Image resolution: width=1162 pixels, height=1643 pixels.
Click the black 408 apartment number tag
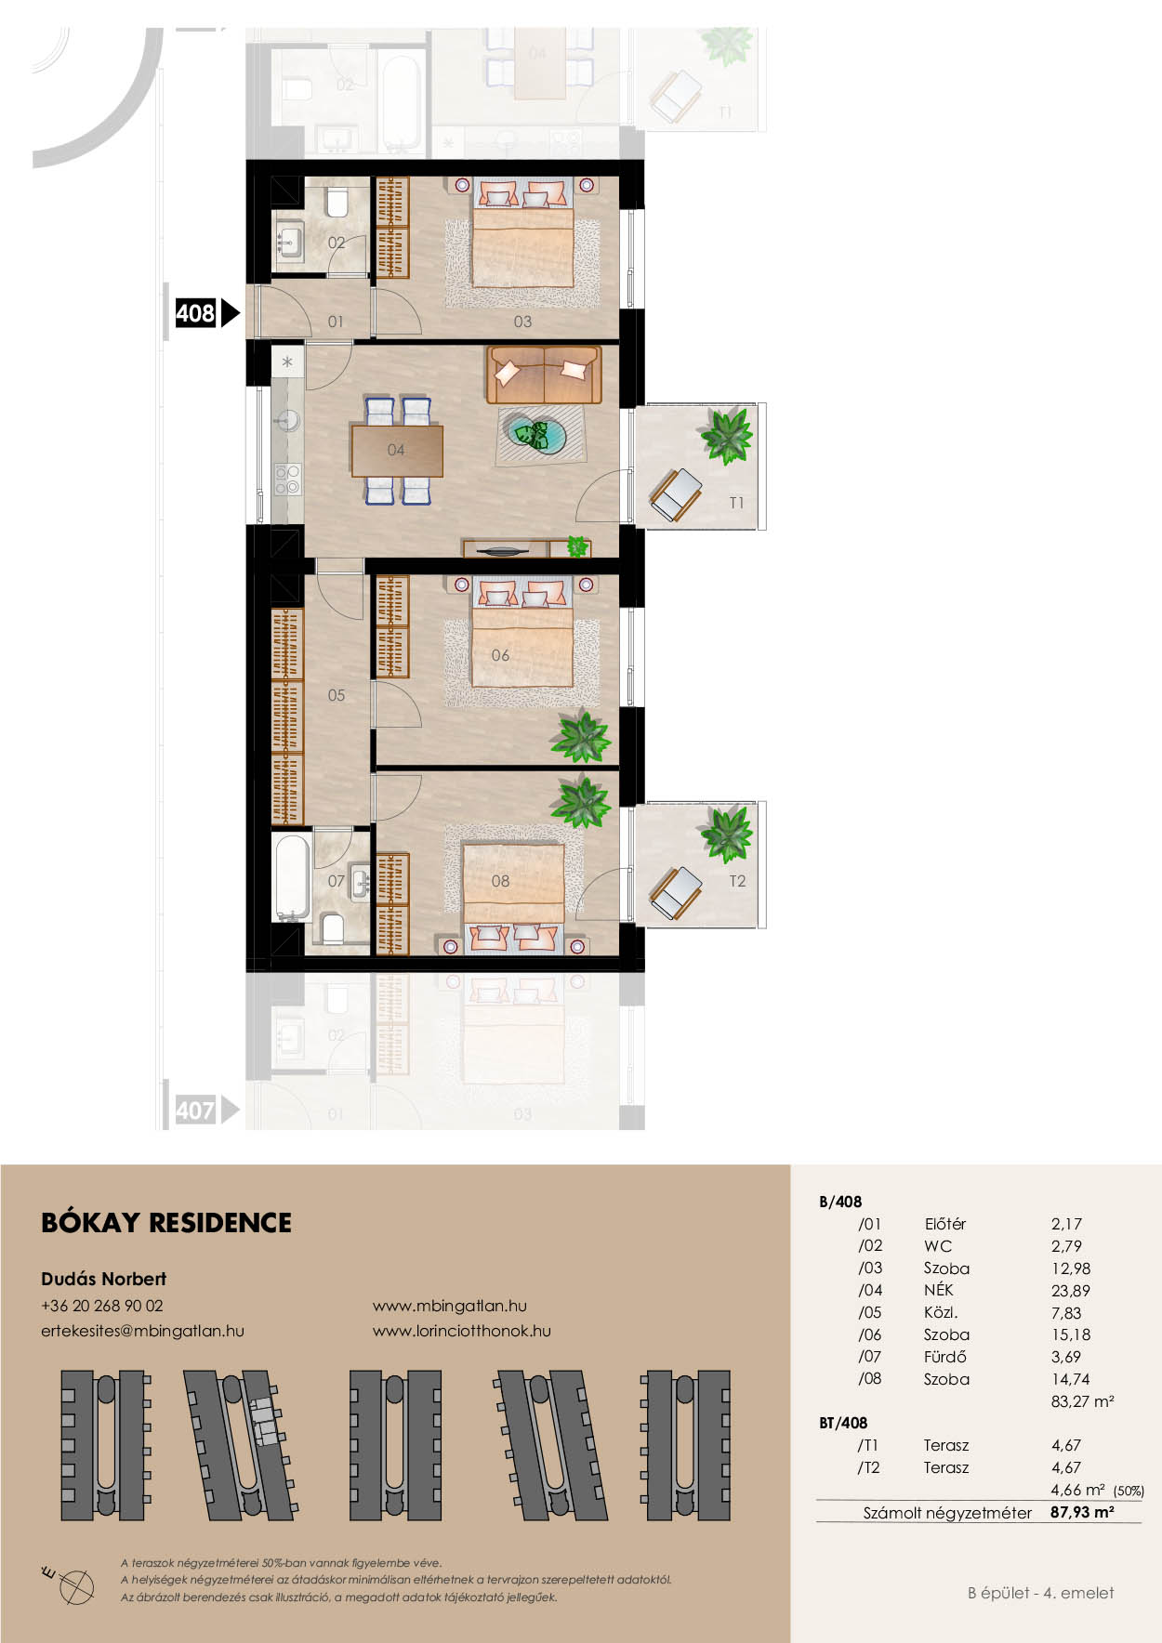pos(196,313)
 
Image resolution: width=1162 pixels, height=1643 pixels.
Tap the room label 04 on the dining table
pos(396,450)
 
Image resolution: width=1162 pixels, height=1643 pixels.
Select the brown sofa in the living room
pos(544,375)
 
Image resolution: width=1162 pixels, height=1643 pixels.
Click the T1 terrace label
pos(736,503)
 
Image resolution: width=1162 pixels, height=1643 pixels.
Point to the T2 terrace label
pos(737,881)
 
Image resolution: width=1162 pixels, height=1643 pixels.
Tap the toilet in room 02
pos(337,203)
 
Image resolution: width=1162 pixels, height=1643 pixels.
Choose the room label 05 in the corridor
pos(336,695)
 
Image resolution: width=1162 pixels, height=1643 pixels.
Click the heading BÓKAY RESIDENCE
pos(166,1223)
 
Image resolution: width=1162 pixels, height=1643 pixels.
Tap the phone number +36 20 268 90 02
pos(102,1306)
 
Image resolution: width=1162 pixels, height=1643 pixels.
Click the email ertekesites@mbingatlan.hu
pos(142,1331)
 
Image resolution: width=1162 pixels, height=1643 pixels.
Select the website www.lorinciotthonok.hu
pos(461,1331)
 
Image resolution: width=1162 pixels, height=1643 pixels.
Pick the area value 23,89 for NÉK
pos(1070,1291)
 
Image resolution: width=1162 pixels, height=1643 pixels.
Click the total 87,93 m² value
pos(1082,1512)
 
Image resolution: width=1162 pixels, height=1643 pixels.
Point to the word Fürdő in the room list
pos(944,1357)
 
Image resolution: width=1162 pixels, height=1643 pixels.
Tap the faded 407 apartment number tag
pos(196,1110)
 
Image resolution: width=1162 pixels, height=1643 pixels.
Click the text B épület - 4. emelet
pos(1040,1593)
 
